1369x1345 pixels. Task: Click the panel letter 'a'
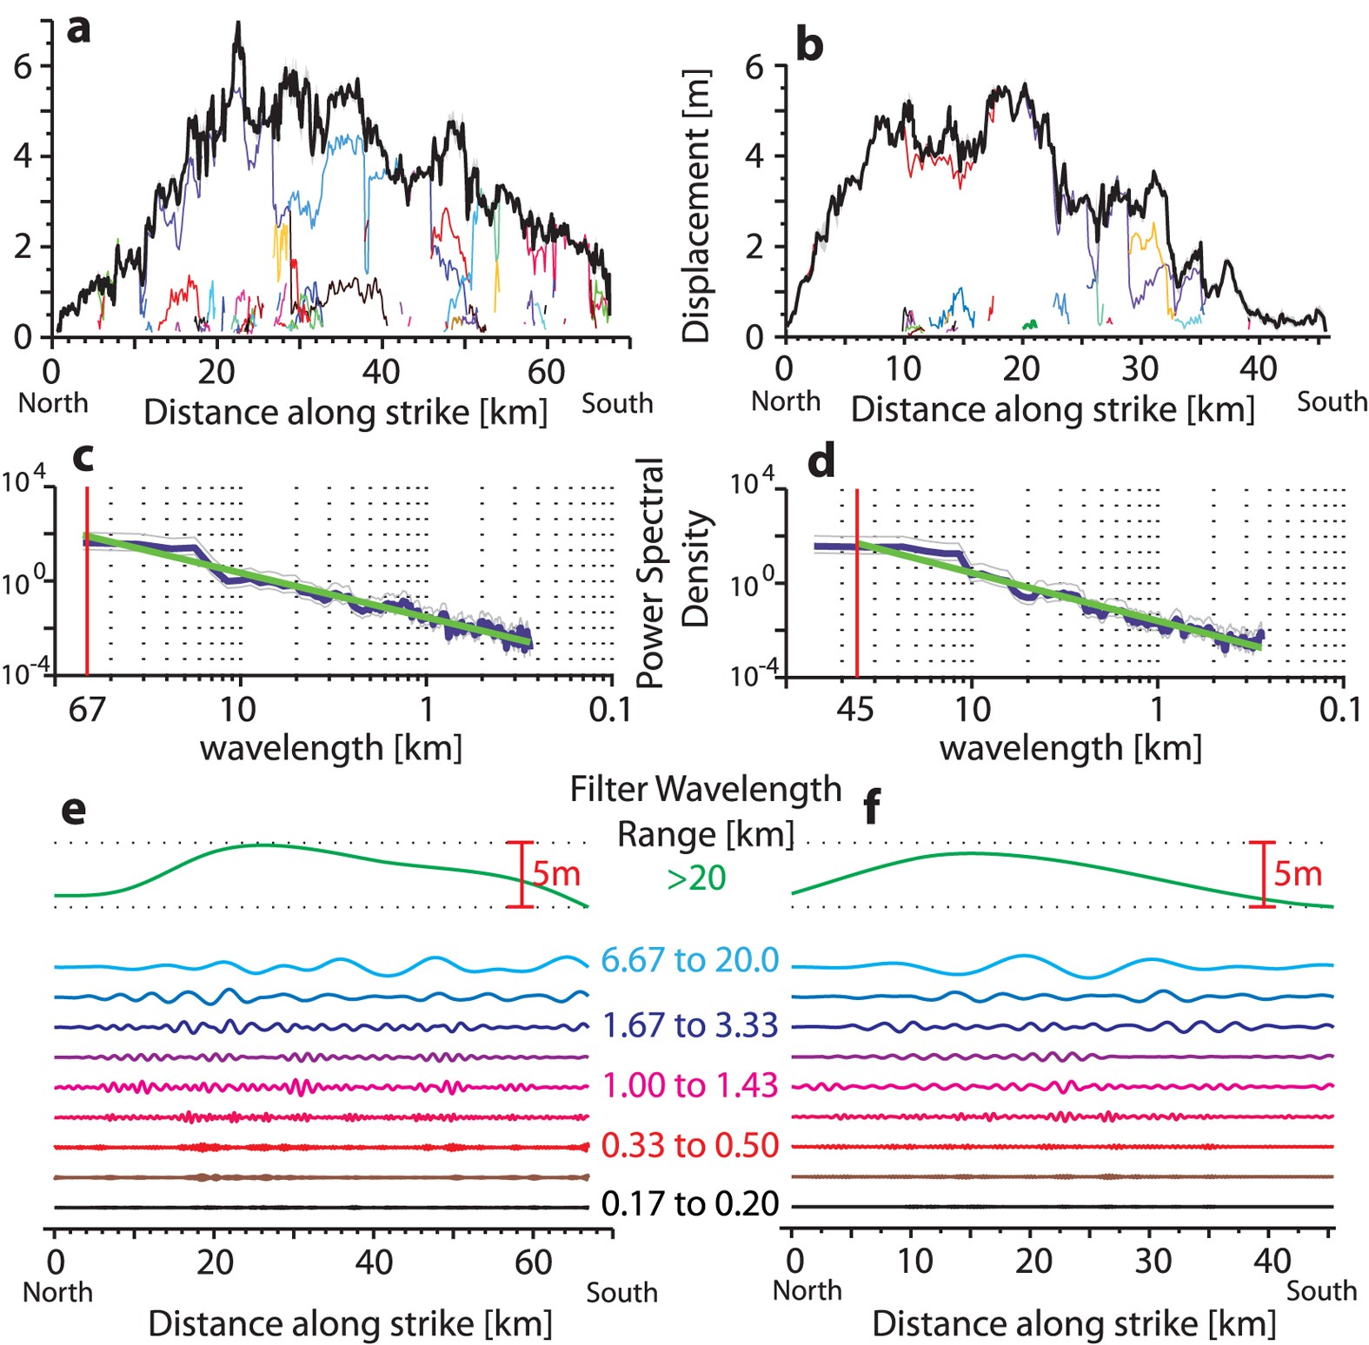pyautogui.click(x=78, y=29)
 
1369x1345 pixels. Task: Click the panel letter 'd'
pyautogui.click(x=821, y=461)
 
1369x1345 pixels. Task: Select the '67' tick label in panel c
pyautogui.click(x=86, y=710)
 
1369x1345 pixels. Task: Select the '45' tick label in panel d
pyautogui.click(x=854, y=710)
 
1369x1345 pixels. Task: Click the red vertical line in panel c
pyautogui.click(x=87, y=608)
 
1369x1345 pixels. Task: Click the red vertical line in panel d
pyautogui.click(x=857, y=608)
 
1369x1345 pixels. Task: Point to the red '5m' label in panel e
pyautogui.click(x=556, y=873)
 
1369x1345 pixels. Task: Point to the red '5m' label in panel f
pyautogui.click(x=1298, y=873)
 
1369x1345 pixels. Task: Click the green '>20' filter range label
pyautogui.click(x=696, y=878)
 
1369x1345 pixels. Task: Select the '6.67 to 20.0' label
pyautogui.click(x=689, y=960)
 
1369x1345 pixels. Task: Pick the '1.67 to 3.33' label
pyautogui.click(x=689, y=1025)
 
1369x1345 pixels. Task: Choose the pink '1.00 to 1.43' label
pyautogui.click(x=689, y=1085)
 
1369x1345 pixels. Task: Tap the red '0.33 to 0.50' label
pyautogui.click(x=689, y=1145)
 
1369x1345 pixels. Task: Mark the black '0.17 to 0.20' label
pyautogui.click(x=689, y=1204)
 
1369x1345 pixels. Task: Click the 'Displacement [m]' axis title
pyautogui.click(x=696, y=205)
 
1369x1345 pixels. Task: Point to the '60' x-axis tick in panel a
pyautogui.click(x=546, y=372)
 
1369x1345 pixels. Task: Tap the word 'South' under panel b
pyautogui.click(x=1332, y=401)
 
